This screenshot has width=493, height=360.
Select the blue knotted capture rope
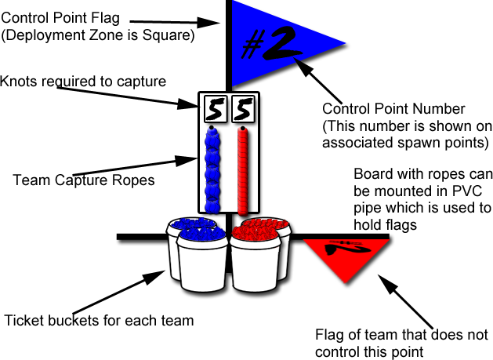point(210,168)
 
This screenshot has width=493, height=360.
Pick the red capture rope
point(243,168)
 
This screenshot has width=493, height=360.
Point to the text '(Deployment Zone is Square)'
point(99,35)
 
